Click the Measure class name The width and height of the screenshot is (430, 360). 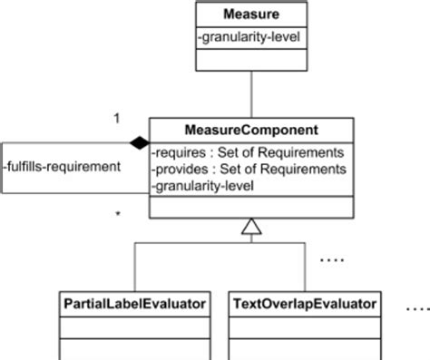pyautogui.click(x=249, y=15)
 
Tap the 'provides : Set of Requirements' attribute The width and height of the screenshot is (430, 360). pyautogui.click(x=249, y=168)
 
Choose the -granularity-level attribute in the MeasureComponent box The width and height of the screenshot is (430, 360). pyautogui.click(x=204, y=185)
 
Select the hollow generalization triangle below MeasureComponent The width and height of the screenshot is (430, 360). pyautogui.click(x=251, y=228)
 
